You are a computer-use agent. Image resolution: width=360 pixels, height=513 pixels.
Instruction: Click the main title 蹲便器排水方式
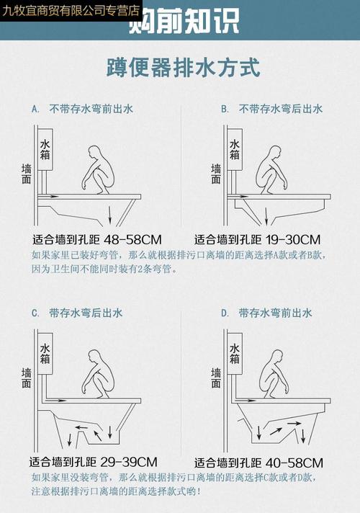pos(181,68)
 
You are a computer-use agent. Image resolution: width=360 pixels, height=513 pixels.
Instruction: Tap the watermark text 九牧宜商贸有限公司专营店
pos(71,10)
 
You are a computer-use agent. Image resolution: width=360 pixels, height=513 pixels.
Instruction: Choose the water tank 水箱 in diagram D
pos(235,352)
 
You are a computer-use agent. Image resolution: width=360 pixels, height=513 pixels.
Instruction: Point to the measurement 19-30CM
pos(293,239)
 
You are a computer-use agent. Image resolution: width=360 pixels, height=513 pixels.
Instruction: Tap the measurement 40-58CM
pos(294,462)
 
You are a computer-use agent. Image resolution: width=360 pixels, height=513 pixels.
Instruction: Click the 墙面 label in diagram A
pos(27,174)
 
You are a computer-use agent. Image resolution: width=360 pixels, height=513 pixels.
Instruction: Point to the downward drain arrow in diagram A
pos(109,215)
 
